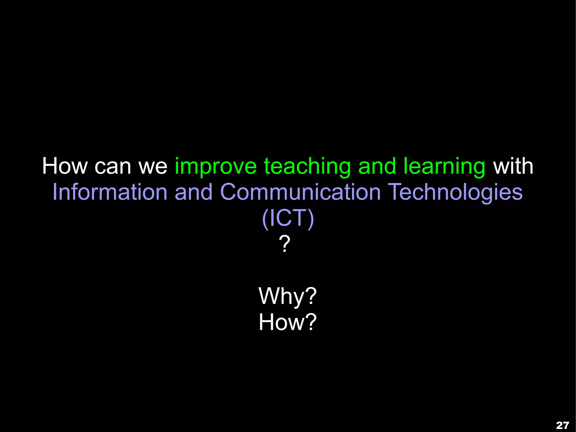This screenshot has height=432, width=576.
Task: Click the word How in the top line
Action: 65,166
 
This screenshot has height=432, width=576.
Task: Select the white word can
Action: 113,167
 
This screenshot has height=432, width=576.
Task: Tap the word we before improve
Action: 153,167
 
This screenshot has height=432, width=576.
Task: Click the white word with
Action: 513,166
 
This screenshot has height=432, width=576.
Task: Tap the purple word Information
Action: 110,192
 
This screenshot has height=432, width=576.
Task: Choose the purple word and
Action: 193,192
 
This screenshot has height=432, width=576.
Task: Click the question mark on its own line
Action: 285,244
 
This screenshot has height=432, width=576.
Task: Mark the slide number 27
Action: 562,425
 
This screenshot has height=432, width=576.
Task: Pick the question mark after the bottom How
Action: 311,322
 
